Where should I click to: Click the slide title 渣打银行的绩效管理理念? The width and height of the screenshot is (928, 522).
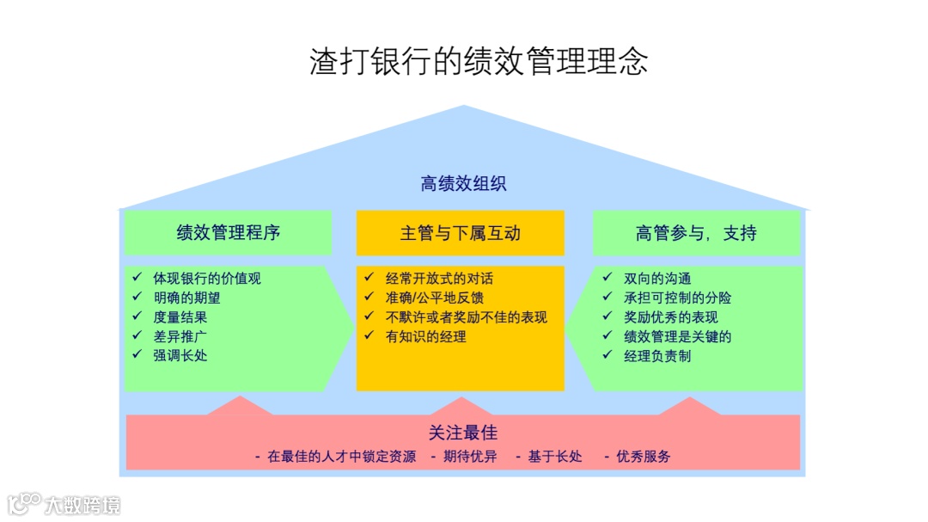(x=479, y=62)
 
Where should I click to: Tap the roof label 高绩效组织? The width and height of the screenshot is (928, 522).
(x=463, y=183)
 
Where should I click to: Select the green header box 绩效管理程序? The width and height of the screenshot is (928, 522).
(x=229, y=233)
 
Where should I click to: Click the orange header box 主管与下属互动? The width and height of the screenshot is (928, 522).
(x=461, y=233)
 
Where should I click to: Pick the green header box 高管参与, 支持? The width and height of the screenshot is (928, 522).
(x=697, y=233)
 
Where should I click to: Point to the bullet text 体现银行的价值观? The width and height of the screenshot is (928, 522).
(x=207, y=279)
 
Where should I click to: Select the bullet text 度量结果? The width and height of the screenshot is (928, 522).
(x=180, y=317)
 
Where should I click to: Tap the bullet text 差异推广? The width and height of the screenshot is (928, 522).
(x=180, y=336)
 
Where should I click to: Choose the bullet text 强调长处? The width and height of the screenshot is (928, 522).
(x=180, y=355)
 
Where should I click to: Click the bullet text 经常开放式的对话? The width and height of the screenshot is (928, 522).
(x=439, y=279)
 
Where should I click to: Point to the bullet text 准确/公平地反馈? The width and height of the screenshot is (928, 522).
(x=435, y=298)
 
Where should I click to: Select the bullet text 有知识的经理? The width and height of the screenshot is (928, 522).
(x=426, y=336)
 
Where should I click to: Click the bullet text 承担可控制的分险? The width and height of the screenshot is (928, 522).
(x=678, y=298)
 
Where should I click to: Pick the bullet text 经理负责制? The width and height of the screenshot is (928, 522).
(x=657, y=355)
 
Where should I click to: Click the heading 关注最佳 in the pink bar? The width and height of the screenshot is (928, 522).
(x=463, y=433)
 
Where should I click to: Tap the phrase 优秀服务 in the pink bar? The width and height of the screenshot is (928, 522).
(x=643, y=457)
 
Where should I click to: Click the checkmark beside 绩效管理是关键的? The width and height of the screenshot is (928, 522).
(x=607, y=335)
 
